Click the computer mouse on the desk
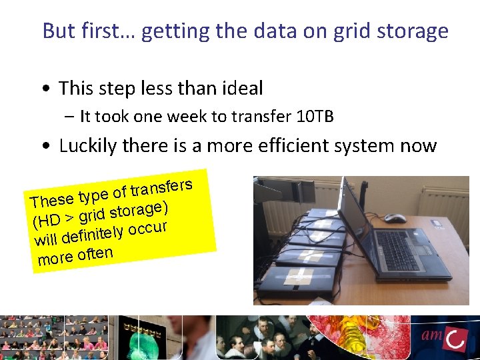click(395, 218)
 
